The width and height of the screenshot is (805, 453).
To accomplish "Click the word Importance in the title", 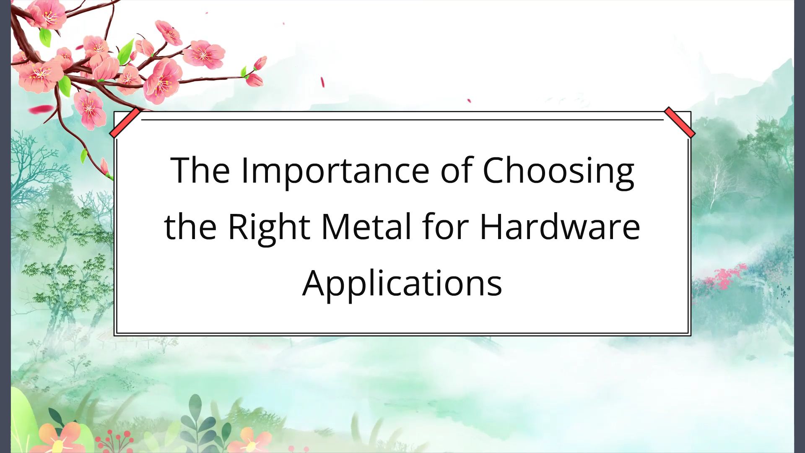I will click(335, 170).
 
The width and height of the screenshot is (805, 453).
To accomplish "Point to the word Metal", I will click(366, 227).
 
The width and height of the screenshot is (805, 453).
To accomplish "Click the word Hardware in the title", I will click(560, 227).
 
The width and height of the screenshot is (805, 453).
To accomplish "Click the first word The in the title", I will click(200, 170).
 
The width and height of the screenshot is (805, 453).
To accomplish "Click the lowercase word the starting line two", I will click(190, 227).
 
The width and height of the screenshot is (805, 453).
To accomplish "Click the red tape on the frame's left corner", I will click(125, 122).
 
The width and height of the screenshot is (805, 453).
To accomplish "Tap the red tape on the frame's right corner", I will click(680, 122).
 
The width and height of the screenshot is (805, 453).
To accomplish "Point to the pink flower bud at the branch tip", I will click(260, 63).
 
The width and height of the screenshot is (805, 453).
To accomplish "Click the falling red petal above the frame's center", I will click(322, 82).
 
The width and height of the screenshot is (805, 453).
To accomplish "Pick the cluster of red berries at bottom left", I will click(115, 440).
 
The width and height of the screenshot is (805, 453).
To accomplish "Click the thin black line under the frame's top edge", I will click(402, 120).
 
